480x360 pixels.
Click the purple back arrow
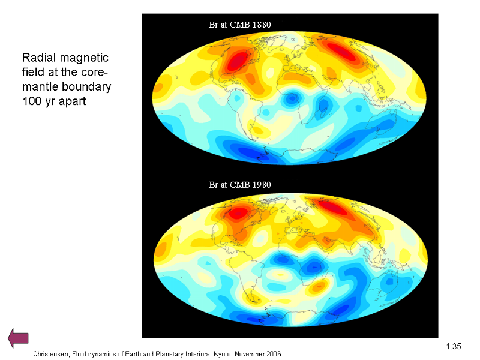18,338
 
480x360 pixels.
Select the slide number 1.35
454,346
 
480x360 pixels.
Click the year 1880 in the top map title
262,25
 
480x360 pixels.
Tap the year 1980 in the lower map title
262,185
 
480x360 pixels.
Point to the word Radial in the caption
39,58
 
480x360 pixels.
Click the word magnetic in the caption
84,58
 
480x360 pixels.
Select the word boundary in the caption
86,86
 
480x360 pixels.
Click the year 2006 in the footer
274,354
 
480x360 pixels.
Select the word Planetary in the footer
169,354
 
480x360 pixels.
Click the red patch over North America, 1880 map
236,61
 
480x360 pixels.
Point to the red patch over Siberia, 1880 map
340,51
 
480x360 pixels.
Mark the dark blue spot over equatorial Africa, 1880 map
292,98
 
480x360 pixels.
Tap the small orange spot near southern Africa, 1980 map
319,287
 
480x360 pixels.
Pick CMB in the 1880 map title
239,25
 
